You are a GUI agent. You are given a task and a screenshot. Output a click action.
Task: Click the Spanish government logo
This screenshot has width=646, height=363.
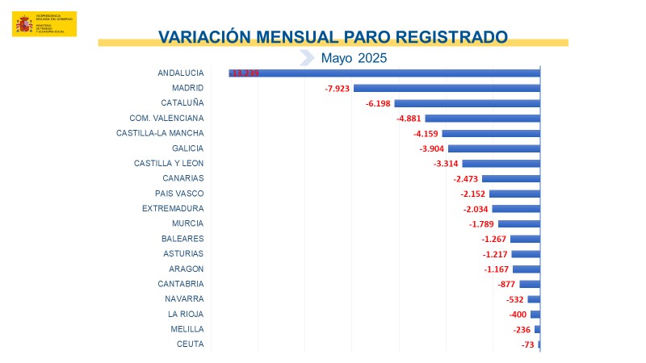(44, 23)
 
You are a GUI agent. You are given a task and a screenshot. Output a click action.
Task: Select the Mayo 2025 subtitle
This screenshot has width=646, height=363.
(354, 57)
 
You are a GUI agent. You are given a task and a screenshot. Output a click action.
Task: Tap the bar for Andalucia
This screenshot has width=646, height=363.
(384, 73)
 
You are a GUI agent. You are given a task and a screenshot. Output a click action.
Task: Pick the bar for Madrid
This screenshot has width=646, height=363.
(447, 88)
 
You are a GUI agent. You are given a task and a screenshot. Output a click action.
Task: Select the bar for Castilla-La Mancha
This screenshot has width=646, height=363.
(491, 133)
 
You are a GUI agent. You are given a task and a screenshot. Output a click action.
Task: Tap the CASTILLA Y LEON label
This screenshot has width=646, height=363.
(169, 163)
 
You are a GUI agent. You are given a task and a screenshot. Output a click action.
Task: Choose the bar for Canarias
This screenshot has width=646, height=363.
(510, 178)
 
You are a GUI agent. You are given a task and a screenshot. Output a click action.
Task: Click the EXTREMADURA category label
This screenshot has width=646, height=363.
(173, 208)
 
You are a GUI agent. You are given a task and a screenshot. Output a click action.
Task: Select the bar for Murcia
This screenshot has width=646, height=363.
(518, 223)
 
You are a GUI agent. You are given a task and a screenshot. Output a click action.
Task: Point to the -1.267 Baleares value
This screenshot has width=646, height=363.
(493, 239)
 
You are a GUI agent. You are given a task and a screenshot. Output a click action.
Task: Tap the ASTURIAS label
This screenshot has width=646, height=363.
(183, 253)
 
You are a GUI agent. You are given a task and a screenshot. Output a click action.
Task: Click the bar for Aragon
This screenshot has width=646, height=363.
(526, 269)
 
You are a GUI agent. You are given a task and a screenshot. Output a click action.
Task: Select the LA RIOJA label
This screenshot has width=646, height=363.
(186, 314)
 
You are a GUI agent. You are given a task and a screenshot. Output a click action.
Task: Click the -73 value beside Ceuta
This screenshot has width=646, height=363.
(528, 344)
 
